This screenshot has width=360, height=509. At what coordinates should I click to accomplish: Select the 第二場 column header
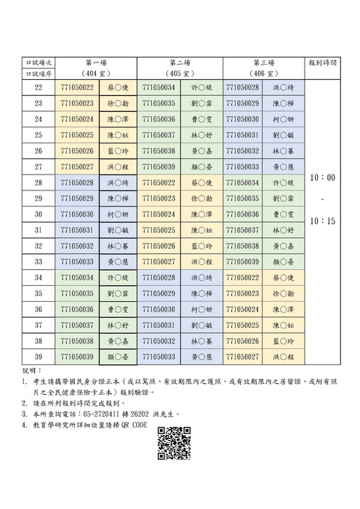tap(180, 63)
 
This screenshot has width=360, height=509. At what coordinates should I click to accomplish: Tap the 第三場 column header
tap(263, 63)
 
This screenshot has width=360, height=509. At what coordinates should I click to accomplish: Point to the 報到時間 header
tap(323, 63)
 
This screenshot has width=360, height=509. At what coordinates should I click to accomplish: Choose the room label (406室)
tap(263, 75)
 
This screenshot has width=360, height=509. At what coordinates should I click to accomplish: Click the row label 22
tap(38, 87)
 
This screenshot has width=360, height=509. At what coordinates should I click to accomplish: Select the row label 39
tap(38, 357)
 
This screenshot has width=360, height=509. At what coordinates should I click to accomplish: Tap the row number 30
tap(38, 215)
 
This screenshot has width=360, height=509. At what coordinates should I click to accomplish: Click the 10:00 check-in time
tap(322, 177)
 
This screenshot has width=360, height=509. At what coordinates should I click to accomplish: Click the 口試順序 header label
tap(39, 75)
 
